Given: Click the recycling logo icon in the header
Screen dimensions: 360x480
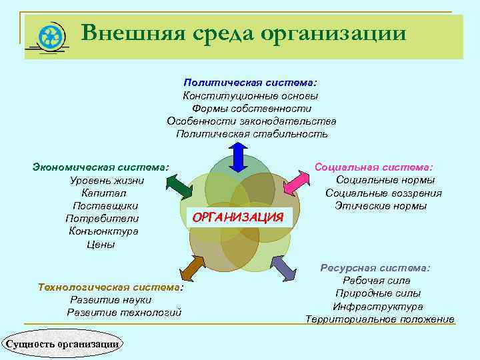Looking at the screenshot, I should point(51,37).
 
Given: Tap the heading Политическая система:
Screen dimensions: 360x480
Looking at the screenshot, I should point(251,83).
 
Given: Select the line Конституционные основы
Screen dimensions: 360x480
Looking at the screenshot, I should point(251,95).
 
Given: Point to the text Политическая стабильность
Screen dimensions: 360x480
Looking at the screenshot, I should point(251,134).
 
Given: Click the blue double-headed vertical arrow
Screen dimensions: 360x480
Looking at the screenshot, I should point(239,159).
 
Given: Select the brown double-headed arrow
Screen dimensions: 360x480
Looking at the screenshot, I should point(192,267).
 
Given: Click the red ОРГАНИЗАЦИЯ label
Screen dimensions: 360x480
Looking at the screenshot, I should point(238,217).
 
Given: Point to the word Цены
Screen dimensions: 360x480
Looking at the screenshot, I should point(101,245).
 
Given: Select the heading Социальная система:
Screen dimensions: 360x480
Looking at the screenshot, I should point(373,166).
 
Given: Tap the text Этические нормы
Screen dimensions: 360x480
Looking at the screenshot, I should point(381,206).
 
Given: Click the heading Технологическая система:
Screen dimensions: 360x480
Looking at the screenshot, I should point(111,287).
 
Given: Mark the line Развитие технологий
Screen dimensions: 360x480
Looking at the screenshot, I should point(124,313).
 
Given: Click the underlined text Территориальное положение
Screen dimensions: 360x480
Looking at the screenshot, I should point(380,319).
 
